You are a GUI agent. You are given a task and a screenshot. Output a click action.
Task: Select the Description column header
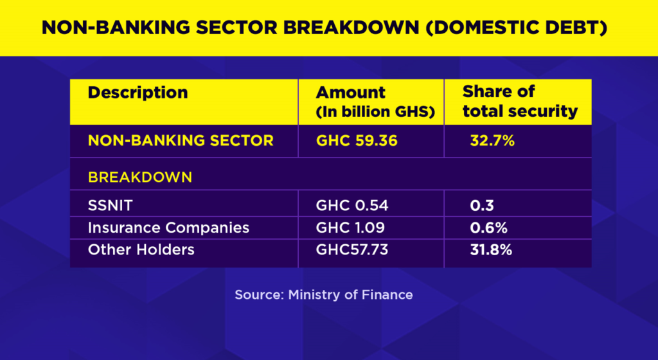click(138, 92)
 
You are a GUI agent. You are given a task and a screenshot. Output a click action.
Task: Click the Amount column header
click(350, 92)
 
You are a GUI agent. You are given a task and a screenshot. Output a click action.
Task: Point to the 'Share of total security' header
click(520, 101)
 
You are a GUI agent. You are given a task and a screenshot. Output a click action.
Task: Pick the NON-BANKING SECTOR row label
click(181, 140)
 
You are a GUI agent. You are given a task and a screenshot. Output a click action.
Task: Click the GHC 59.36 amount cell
click(353, 140)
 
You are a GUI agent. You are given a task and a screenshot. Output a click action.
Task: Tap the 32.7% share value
click(492, 140)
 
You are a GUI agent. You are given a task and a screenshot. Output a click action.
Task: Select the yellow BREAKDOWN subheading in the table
click(139, 177)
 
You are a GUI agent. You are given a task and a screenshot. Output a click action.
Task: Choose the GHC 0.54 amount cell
click(352, 206)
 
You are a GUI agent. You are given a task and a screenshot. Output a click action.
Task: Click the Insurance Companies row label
click(168, 228)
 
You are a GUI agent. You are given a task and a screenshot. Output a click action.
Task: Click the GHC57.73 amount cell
click(351, 249)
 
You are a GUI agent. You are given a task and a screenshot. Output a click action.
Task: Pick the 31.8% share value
click(491, 249)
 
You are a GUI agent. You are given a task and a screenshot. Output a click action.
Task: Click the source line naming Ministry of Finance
click(323, 295)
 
